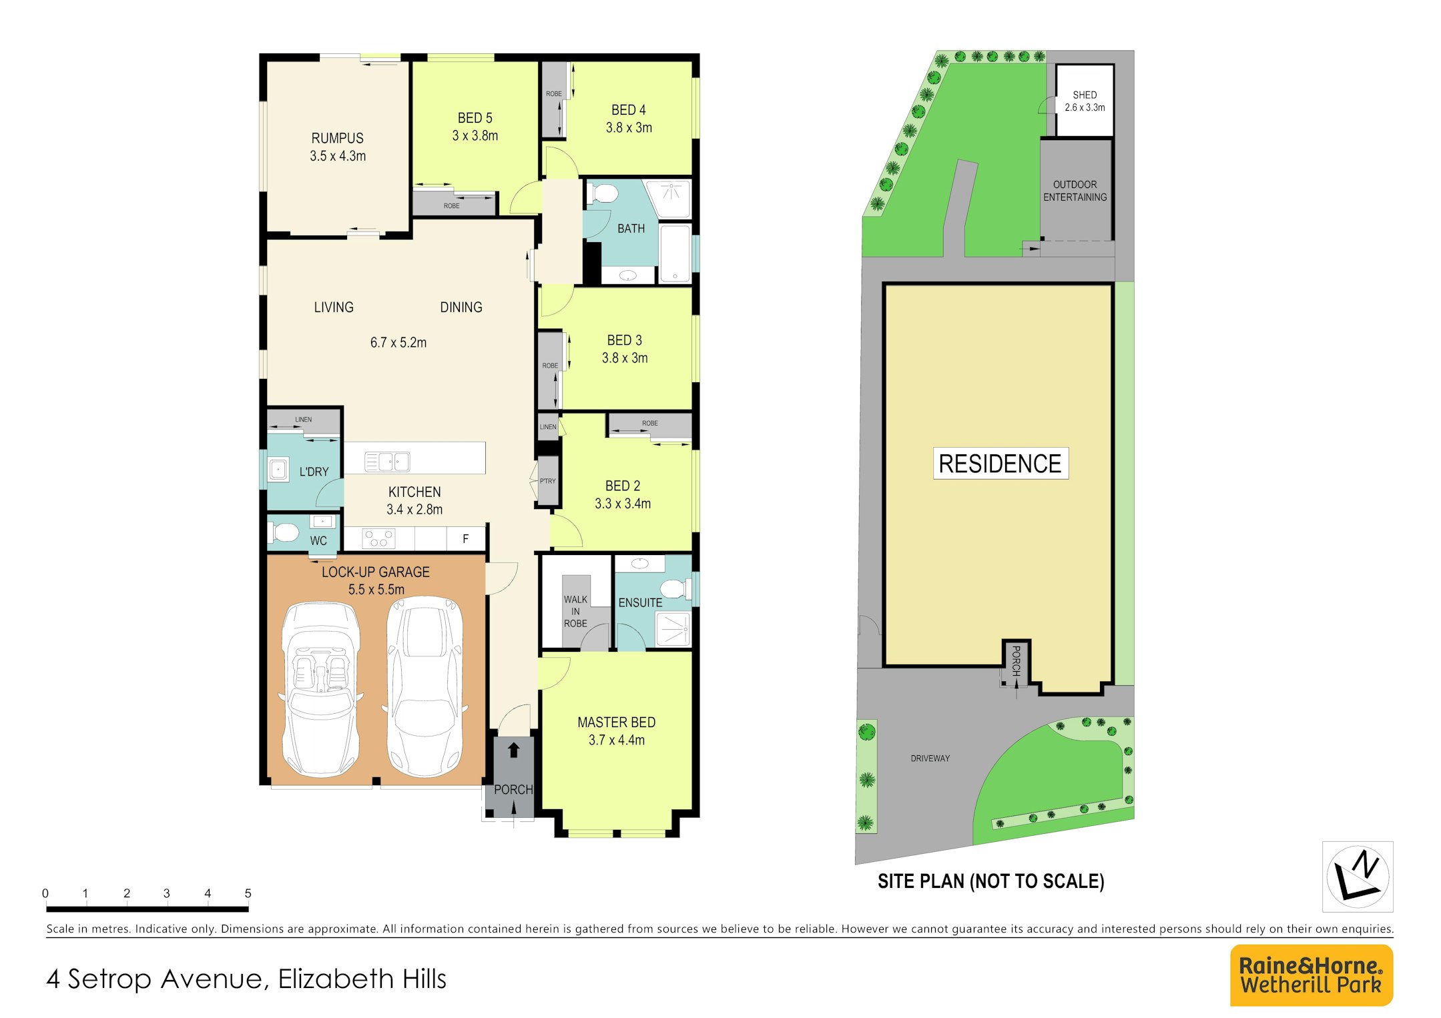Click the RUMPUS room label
(x=337, y=138)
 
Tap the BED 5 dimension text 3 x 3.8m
(x=475, y=135)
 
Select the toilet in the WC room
(x=283, y=532)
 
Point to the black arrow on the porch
(x=513, y=750)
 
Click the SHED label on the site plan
(x=1085, y=95)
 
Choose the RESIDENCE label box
(x=1000, y=464)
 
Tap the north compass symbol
(x=1358, y=877)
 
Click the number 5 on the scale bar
(x=248, y=893)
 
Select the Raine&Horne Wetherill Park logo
(x=1311, y=975)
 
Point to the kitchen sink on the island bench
(x=387, y=462)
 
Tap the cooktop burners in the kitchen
(x=378, y=538)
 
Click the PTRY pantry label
(x=548, y=481)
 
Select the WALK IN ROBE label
(x=575, y=612)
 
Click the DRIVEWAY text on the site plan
(x=930, y=758)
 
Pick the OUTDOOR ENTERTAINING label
(x=1075, y=191)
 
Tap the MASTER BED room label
(x=616, y=722)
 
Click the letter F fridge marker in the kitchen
(x=466, y=539)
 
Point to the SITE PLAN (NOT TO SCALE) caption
(x=990, y=882)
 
